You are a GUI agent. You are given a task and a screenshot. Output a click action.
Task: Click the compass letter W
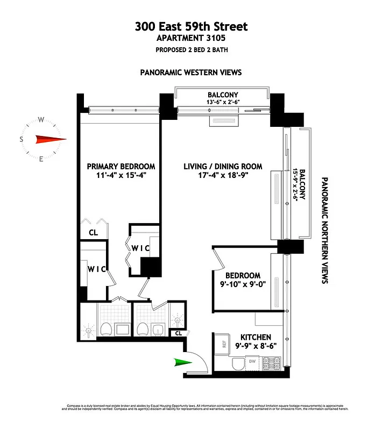[41, 120]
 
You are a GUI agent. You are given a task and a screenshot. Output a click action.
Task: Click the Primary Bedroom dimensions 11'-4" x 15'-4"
[121, 175]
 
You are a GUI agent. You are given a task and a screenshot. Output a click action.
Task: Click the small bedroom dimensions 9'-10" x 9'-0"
[243, 285]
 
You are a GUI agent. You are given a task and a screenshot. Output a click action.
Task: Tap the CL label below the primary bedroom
[94, 233]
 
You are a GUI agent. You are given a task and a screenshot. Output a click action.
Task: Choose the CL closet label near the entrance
[178, 333]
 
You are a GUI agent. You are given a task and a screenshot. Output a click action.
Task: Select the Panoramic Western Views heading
[190, 72]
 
